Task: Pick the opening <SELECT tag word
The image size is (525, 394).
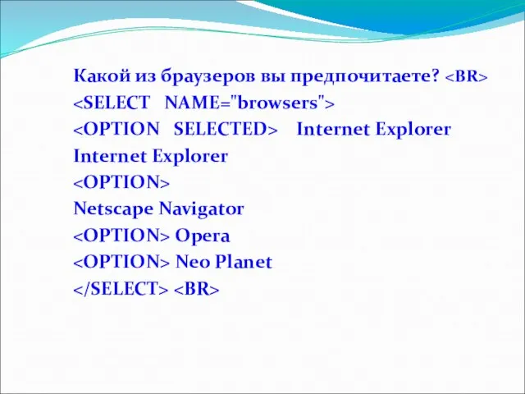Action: coord(111,103)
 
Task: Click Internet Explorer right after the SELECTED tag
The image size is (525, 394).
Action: coord(373,130)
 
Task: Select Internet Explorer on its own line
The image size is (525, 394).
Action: coord(150,156)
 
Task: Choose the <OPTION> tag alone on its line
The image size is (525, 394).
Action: coord(121,182)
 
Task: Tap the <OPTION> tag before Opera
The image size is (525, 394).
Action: coord(121,236)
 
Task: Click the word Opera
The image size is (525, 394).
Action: coord(203,236)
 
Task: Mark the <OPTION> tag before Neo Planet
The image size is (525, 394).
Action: coord(121,263)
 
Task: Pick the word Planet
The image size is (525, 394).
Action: coord(244,263)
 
